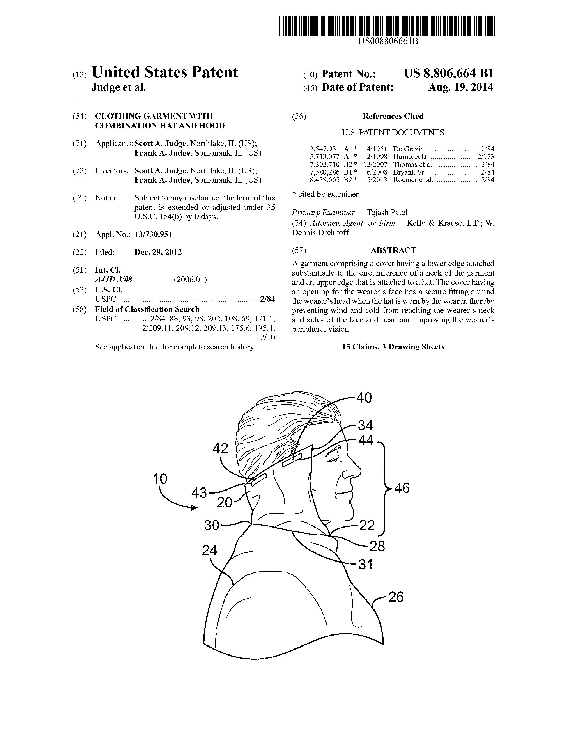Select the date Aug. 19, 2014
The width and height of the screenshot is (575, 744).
click(460, 87)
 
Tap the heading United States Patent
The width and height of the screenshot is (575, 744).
click(165, 72)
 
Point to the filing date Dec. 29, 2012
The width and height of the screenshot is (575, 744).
click(158, 252)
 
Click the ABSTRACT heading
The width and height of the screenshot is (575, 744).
click(393, 250)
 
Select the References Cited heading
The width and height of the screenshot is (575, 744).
click(393, 116)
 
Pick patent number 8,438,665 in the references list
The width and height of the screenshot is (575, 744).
click(324, 180)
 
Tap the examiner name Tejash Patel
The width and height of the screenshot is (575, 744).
click(387, 213)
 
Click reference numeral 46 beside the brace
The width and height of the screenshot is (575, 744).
click(402, 488)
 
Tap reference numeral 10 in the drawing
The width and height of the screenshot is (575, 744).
click(160, 479)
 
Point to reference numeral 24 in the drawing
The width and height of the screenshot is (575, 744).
click(209, 550)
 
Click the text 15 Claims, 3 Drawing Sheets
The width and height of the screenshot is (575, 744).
click(393, 347)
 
